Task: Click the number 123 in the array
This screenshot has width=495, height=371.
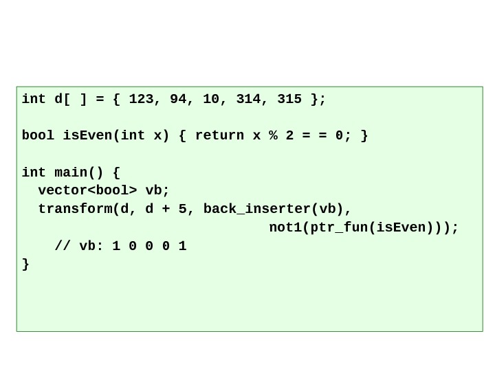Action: (140, 100)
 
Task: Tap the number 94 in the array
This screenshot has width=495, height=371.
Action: (177, 100)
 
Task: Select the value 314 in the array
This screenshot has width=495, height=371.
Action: (247, 100)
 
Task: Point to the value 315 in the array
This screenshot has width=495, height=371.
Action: (289, 100)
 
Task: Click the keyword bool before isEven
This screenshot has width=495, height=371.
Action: (38, 136)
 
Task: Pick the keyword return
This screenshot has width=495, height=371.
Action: (219, 136)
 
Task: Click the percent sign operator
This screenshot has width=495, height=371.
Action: (273, 136)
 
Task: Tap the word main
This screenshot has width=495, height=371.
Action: (71, 172)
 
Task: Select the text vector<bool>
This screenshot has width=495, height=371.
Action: (87, 190)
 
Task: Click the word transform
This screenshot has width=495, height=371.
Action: (74, 209)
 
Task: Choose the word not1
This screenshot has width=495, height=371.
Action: (285, 227)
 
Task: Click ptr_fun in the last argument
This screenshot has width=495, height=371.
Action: (338, 227)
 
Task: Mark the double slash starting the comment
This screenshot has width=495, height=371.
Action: (63, 246)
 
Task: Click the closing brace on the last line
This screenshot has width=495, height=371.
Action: (25, 264)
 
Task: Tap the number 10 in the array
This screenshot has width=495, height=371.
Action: (210, 100)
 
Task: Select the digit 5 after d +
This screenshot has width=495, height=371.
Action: (182, 209)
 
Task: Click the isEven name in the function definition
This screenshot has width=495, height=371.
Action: (87, 136)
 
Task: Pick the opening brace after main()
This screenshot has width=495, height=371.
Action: (116, 172)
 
